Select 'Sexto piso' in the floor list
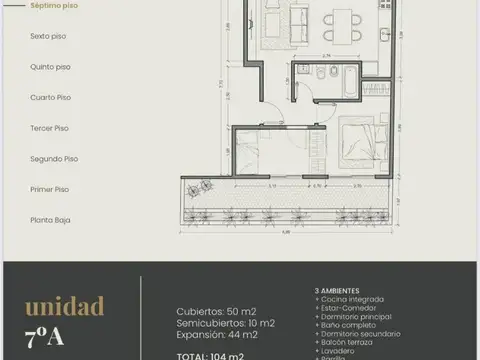coord(49,36)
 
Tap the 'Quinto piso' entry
coord(50,67)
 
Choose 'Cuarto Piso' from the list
coord(50,97)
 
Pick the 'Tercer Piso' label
coord(49,128)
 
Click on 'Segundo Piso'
coord(52,158)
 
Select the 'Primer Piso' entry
coord(49,189)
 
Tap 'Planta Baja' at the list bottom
coord(50,219)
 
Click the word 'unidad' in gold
coord(64,305)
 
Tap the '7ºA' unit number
coord(44,336)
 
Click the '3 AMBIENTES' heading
coord(338,291)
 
